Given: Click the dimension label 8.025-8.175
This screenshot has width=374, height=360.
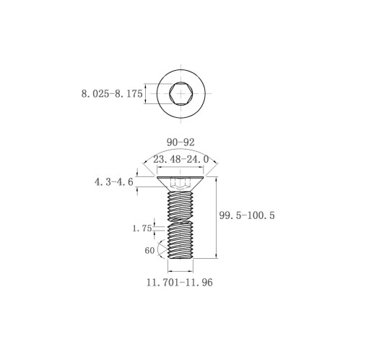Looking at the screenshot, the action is [x=112, y=94].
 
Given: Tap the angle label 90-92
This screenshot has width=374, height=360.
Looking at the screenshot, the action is [x=181, y=142].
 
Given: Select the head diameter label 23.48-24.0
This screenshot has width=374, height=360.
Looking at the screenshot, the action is [x=181, y=159].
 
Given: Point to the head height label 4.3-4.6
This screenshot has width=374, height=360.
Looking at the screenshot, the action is [x=114, y=182].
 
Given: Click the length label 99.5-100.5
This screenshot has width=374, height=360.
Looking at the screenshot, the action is [x=247, y=215].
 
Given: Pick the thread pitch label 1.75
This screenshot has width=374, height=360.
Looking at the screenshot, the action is [x=142, y=228].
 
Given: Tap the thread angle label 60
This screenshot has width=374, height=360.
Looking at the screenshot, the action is [x=149, y=251].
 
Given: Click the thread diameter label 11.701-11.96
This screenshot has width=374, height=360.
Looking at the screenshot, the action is [x=180, y=282].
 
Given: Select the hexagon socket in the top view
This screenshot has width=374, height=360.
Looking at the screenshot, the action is [x=181, y=93].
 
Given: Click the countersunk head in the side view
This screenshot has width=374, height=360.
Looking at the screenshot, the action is [x=181, y=184].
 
